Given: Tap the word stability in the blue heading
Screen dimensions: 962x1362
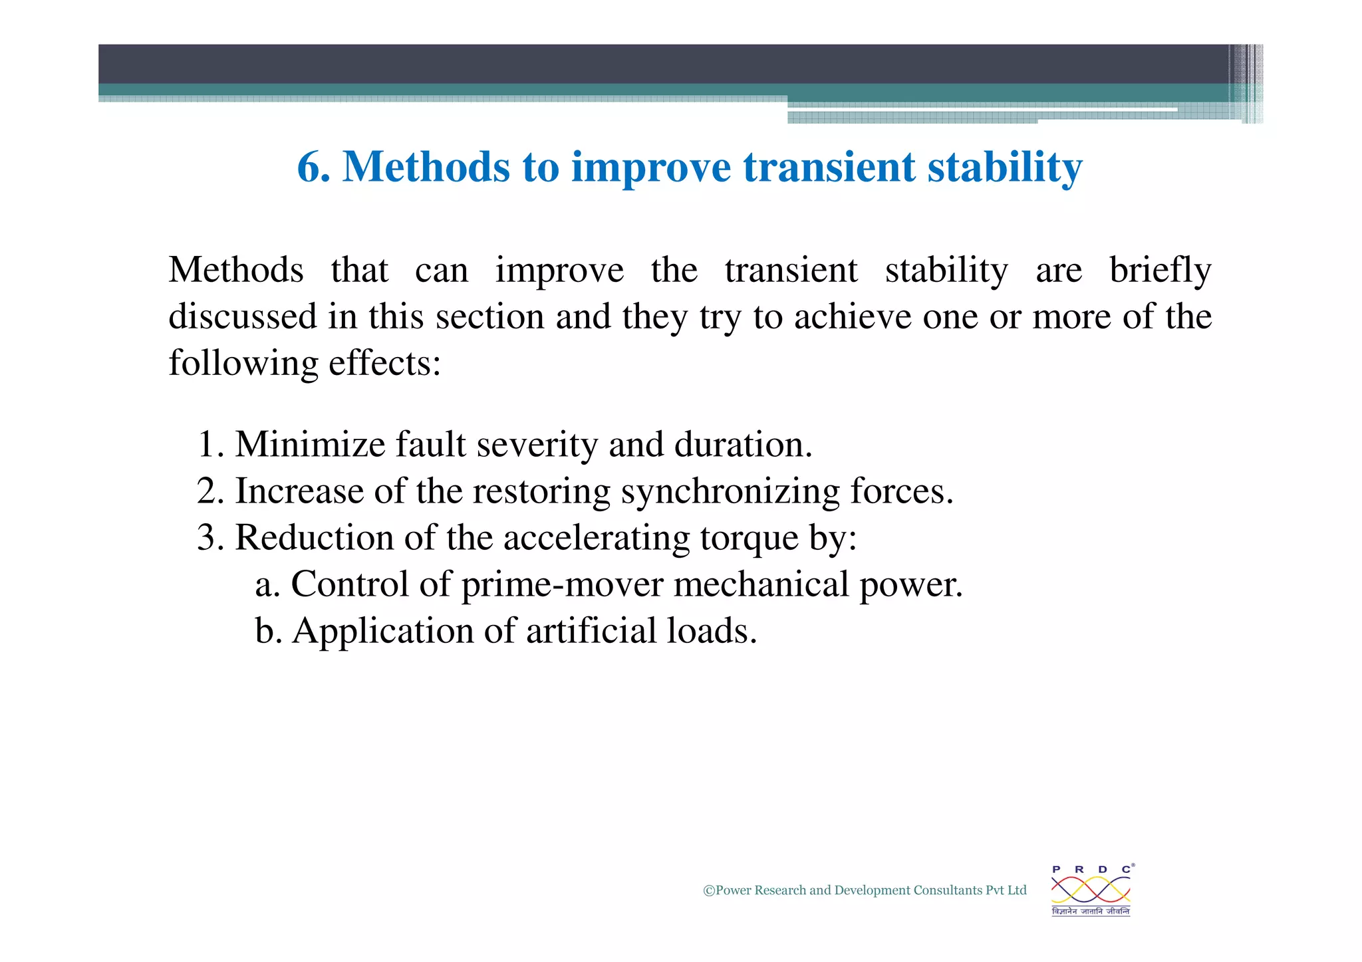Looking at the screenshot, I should (1005, 167).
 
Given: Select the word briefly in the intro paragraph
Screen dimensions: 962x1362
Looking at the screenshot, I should (1160, 271).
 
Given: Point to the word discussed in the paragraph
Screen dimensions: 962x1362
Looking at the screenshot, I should (242, 316).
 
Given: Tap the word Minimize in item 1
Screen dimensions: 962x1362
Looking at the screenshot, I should (310, 444).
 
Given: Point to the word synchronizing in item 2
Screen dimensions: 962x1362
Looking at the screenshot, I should (730, 492).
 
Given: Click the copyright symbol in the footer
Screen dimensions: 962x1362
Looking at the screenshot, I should (709, 891).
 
